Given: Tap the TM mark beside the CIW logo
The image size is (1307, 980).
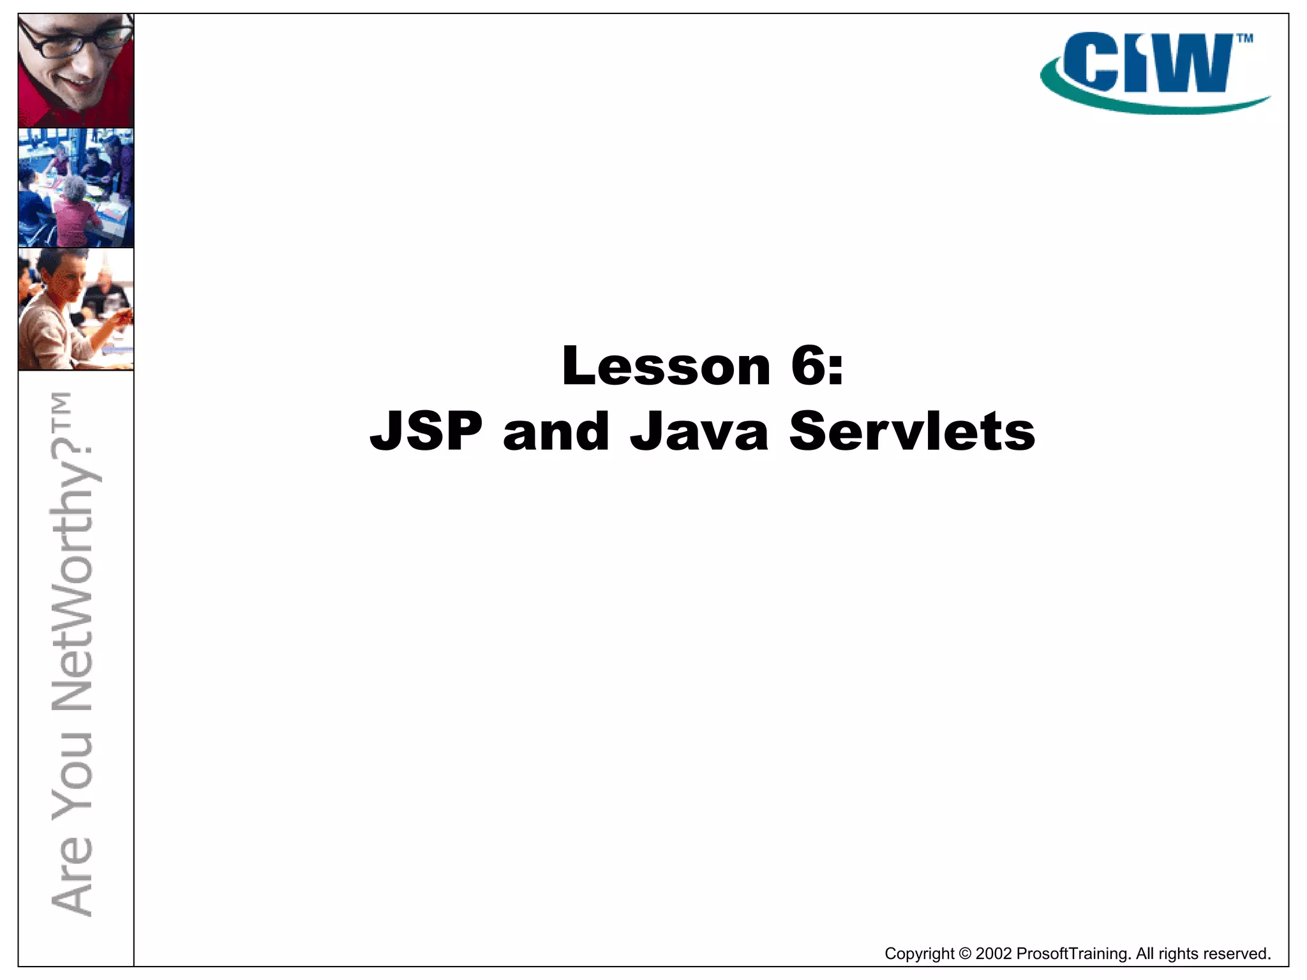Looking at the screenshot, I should pos(1244,39).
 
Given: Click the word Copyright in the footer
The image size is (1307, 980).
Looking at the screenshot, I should pos(919,954).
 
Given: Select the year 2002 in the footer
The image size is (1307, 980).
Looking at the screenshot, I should pos(994,954).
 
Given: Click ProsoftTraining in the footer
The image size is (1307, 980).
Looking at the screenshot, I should pos(1073,954).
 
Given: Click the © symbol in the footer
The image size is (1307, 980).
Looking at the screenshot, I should pos(965,954).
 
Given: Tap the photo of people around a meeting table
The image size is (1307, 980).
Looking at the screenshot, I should pos(76,188).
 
